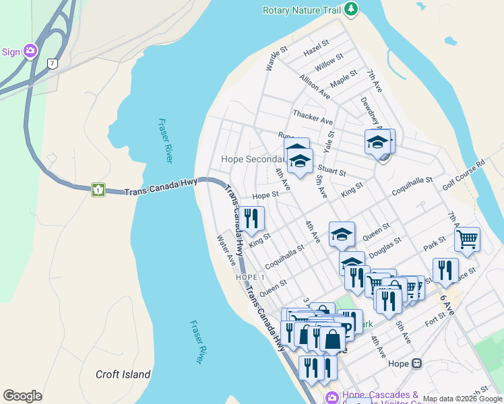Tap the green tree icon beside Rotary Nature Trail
(x=350, y=9)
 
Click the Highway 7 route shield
(x=52, y=63)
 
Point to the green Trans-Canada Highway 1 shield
(x=98, y=190)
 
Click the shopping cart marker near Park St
(x=467, y=239)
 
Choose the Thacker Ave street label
(x=313, y=116)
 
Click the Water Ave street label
(x=226, y=249)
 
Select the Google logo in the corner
(x=22, y=396)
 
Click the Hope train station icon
(x=416, y=364)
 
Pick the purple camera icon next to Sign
(x=30, y=51)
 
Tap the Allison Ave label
(x=315, y=86)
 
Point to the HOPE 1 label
(x=250, y=277)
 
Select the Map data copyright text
(x=462, y=399)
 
